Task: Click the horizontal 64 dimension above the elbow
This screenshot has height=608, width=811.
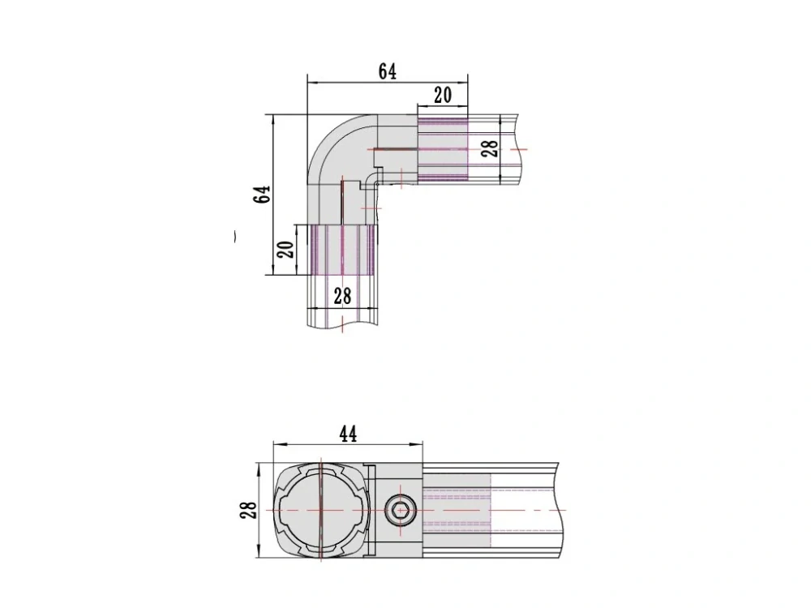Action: [388, 71]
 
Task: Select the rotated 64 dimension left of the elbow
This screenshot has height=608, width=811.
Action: [263, 194]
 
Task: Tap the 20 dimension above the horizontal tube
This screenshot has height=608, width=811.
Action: [443, 95]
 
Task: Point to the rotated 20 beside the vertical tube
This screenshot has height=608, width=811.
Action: [286, 249]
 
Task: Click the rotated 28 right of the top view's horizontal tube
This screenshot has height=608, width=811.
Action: [491, 149]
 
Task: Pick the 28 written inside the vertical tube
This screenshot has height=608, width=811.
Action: [342, 296]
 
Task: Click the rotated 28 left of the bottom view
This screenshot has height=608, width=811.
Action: [248, 510]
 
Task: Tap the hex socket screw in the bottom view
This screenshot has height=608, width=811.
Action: [399, 511]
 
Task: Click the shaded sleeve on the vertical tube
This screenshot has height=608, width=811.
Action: [342, 250]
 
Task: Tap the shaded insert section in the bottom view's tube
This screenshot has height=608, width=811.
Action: [457, 510]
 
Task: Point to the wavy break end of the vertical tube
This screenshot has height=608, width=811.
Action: [342, 326]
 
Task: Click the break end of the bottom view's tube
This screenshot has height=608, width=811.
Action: [560, 510]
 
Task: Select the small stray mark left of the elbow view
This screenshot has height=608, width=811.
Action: [235, 237]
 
